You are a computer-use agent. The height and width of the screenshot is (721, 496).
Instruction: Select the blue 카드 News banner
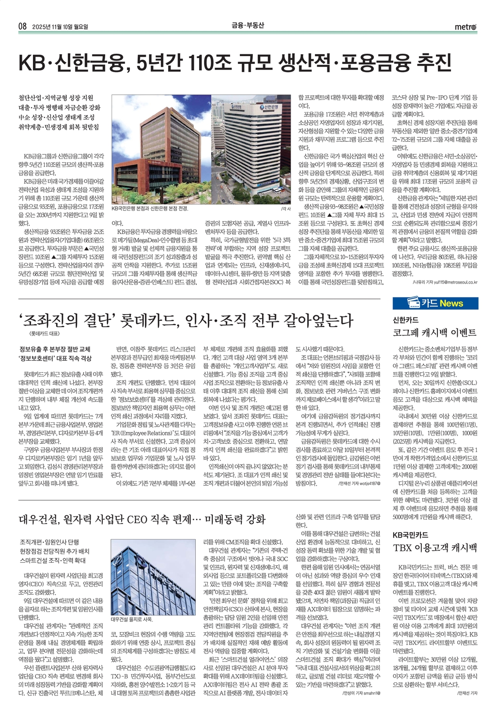click(x=435, y=303)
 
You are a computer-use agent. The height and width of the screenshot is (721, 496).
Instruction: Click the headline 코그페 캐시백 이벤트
click(x=434, y=332)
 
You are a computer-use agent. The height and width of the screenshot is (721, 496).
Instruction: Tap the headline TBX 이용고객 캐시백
click(x=434, y=548)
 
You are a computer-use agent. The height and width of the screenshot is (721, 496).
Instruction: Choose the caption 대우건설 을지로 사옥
click(x=132, y=619)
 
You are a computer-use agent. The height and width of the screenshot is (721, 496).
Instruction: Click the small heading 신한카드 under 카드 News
click(x=405, y=320)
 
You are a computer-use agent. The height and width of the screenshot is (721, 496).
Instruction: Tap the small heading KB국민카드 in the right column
click(x=410, y=535)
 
